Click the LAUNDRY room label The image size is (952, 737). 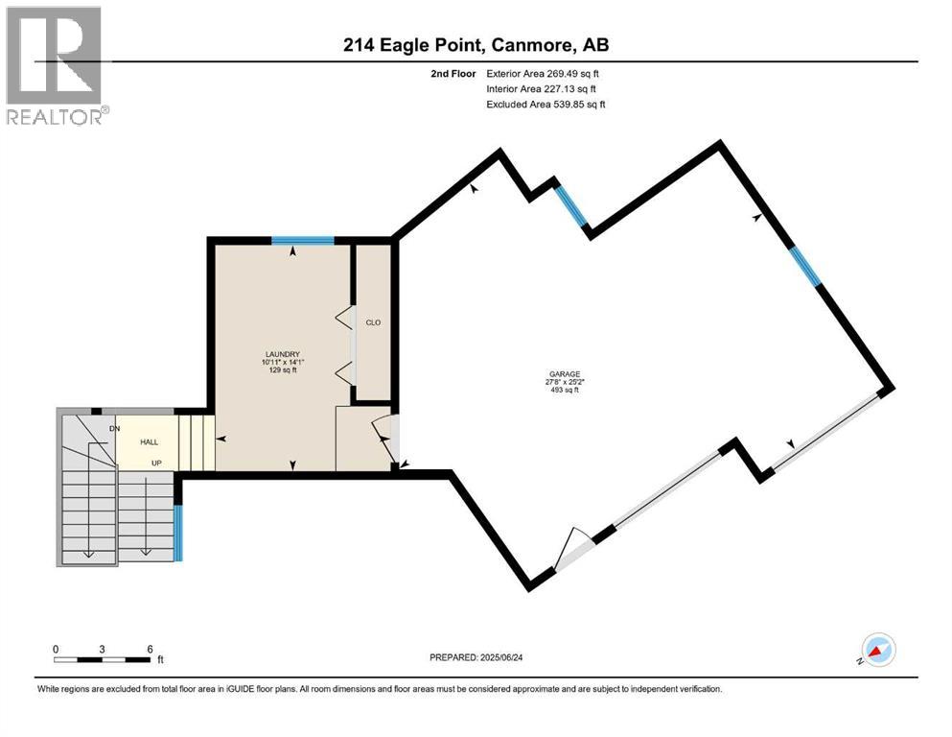coord(283,354)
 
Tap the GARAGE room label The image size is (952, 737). coord(565,374)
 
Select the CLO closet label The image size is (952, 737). coord(373,322)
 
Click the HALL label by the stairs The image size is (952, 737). coord(149,442)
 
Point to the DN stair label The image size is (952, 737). coord(114,428)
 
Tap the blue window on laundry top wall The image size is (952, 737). coord(302,240)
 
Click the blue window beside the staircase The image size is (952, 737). coord(178,534)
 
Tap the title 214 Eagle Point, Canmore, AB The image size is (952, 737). coord(476,44)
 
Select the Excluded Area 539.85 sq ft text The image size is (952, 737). coord(546,104)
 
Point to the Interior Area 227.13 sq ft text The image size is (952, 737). coord(542,88)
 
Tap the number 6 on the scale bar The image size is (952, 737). coord(150,649)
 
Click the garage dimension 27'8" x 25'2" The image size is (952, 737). coord(565,382)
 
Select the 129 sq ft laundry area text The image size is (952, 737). coord(283,369)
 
